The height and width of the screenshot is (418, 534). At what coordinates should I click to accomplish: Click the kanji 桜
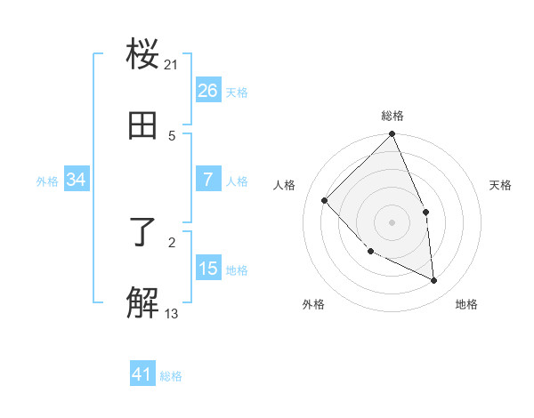point(143,55)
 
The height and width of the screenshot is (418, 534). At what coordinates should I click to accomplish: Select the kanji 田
point(143,126)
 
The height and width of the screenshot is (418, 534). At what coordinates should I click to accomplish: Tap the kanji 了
point(143,233)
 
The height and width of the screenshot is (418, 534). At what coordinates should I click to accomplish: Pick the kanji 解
point(143,304)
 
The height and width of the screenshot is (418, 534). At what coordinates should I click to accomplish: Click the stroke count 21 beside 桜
point(172,64)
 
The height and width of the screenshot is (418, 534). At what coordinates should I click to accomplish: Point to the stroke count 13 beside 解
point(172,313)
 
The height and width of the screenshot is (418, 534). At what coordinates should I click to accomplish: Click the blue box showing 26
point(208,91)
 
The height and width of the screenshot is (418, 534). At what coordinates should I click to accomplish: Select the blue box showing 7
point(208,180)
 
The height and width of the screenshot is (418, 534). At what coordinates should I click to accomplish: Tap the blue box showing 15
point(208,269)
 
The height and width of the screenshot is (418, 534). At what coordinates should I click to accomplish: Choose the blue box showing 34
point(77,180)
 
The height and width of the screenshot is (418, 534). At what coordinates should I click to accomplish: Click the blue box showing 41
point(142,375)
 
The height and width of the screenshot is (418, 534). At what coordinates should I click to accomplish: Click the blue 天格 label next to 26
point(237,92)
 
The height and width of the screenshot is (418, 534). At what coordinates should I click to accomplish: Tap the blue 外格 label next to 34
point(47,181)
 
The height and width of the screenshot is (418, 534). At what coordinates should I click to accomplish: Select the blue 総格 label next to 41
point(171,376)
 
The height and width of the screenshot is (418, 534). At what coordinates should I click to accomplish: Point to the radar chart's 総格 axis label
point(392,116)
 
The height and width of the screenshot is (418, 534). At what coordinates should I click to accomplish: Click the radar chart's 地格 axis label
point(466,304)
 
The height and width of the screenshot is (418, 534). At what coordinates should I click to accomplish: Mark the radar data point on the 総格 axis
point(392,135)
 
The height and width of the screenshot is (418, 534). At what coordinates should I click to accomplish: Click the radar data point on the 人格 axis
point(325,200)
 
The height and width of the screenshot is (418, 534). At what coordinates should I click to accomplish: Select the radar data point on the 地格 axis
point(434,280)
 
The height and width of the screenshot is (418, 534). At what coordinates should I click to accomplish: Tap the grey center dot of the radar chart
point(392,221)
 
